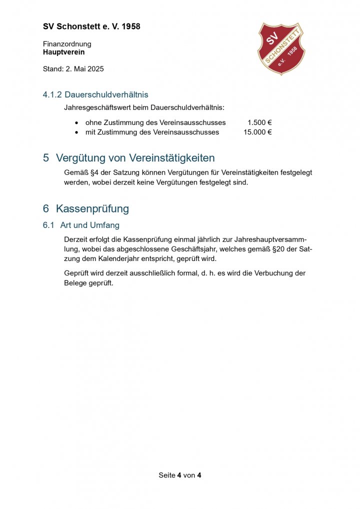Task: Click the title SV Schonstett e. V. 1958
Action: (x=91, y=26)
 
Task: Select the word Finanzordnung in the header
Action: (x=67, y=44)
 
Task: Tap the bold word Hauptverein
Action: (x=63, y=52)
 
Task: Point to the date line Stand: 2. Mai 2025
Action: (x=73, y=69)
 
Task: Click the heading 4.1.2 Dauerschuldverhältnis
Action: (x=95, y=94)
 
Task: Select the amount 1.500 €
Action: (x=259, y=122)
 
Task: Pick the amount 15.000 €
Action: (x=257, y=132)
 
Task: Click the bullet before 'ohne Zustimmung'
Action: (x=76, y=123)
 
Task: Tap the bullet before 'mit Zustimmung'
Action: (x=76, y=133)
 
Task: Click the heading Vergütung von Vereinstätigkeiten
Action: (x=135, y=158)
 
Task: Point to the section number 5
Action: (x=46, y=158)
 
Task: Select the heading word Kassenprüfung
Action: (x=92, y=208)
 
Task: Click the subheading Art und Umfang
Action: (x=90, y=225)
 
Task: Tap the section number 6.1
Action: (x=48, y=225)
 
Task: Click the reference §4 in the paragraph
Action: (x=93, y=172)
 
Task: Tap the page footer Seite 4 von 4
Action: (x=180, y=475)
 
